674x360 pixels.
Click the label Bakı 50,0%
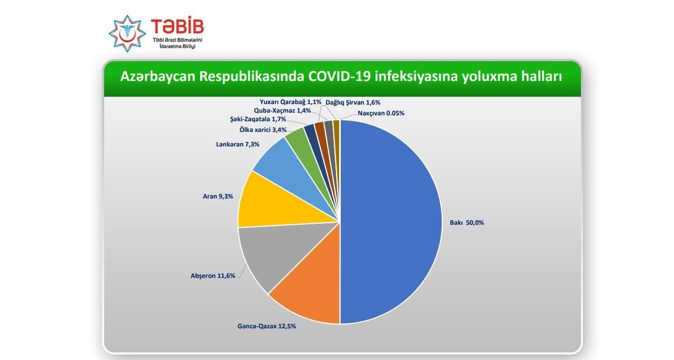[x=467, y=223]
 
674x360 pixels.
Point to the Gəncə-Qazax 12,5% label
[x=267, y=326]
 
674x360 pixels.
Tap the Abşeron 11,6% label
[x=213, y=276]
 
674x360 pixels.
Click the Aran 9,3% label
[x=218, y=196]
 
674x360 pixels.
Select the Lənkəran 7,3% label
[x=238, y=144]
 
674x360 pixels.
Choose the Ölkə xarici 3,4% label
[x=263, y=130]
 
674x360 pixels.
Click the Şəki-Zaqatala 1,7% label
[x=258, y=119]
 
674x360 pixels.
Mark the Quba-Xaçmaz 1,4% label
[x=282, y=111]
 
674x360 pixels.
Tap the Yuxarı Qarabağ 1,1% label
[x=291, y=102]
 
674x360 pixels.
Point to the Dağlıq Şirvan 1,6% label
[x=353, y=102]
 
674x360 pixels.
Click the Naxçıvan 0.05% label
[x=381, y=113]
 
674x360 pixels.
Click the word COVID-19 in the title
[x=339, y=76]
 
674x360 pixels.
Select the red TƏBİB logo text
[x=178, y=26]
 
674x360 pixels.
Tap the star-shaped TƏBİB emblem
[x=127, y=34]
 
